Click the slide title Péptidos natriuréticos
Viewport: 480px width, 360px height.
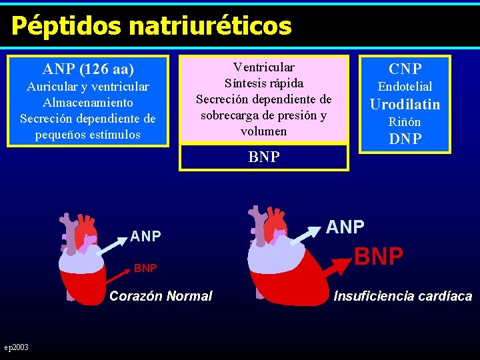tap(151, 26)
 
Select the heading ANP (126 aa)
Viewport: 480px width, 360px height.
tap(88, 69)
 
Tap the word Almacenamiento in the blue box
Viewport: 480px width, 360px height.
tap(88, 103)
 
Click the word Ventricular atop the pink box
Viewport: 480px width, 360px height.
tap(263, 67)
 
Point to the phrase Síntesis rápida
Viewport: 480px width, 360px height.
tap(263, 83)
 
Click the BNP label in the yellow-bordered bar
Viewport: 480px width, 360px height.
tap(263, 157)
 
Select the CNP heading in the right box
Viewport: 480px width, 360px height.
tap(405, 69)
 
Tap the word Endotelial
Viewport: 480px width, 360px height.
tap(405, 87)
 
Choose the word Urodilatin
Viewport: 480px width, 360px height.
tap(405, 104)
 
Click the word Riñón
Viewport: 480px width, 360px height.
tap(405, 122)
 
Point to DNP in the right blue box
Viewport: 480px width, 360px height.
tap(405, 139)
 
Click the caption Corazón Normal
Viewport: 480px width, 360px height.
tap(161, 296)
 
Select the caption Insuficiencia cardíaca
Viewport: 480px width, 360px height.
tap(403, 296)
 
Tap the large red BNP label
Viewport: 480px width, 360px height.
tap(379, 256)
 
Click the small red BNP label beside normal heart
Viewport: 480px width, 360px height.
tap(145, 268)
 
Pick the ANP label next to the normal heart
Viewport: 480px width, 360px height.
tap(145, 236)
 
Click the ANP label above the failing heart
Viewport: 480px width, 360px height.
tap(345, 227)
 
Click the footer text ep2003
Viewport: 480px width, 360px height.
tap(16, 347)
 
